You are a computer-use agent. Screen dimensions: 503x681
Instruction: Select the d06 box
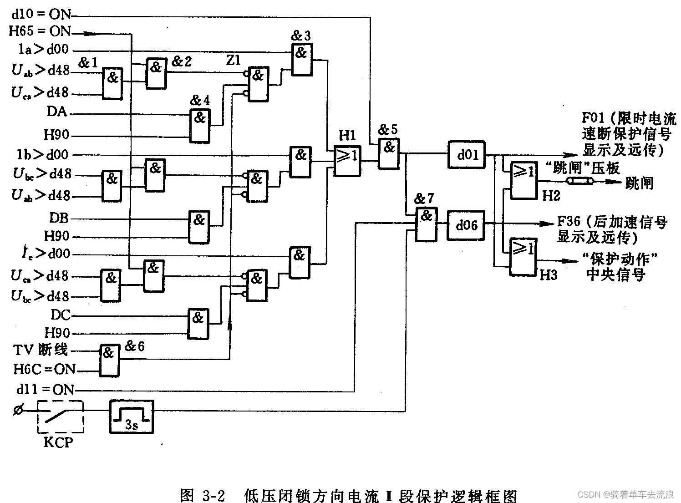click(x=466, y=225)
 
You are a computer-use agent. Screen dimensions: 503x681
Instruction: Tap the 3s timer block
click(x=132, y=416)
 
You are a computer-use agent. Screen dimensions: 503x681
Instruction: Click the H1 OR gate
click(x=347, y=160)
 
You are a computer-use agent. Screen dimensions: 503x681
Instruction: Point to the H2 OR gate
click(x=523, y=180)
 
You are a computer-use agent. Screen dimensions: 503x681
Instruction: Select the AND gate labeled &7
click(x=426, y=224)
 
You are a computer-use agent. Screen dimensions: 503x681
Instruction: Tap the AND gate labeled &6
click(x=109, y=360)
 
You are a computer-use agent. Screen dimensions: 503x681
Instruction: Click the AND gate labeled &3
click(x=301, y=59)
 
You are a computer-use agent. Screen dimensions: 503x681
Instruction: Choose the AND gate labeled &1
click(x=112, y=84)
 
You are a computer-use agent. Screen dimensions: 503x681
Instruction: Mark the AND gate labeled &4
click(x=200, y=125)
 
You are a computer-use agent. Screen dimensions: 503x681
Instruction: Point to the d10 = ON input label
click(x=42, y=14)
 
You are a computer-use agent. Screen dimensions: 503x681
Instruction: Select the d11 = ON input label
click(x=45, y=390)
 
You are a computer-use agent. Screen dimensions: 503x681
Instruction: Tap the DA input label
click(x=57, y=111)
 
